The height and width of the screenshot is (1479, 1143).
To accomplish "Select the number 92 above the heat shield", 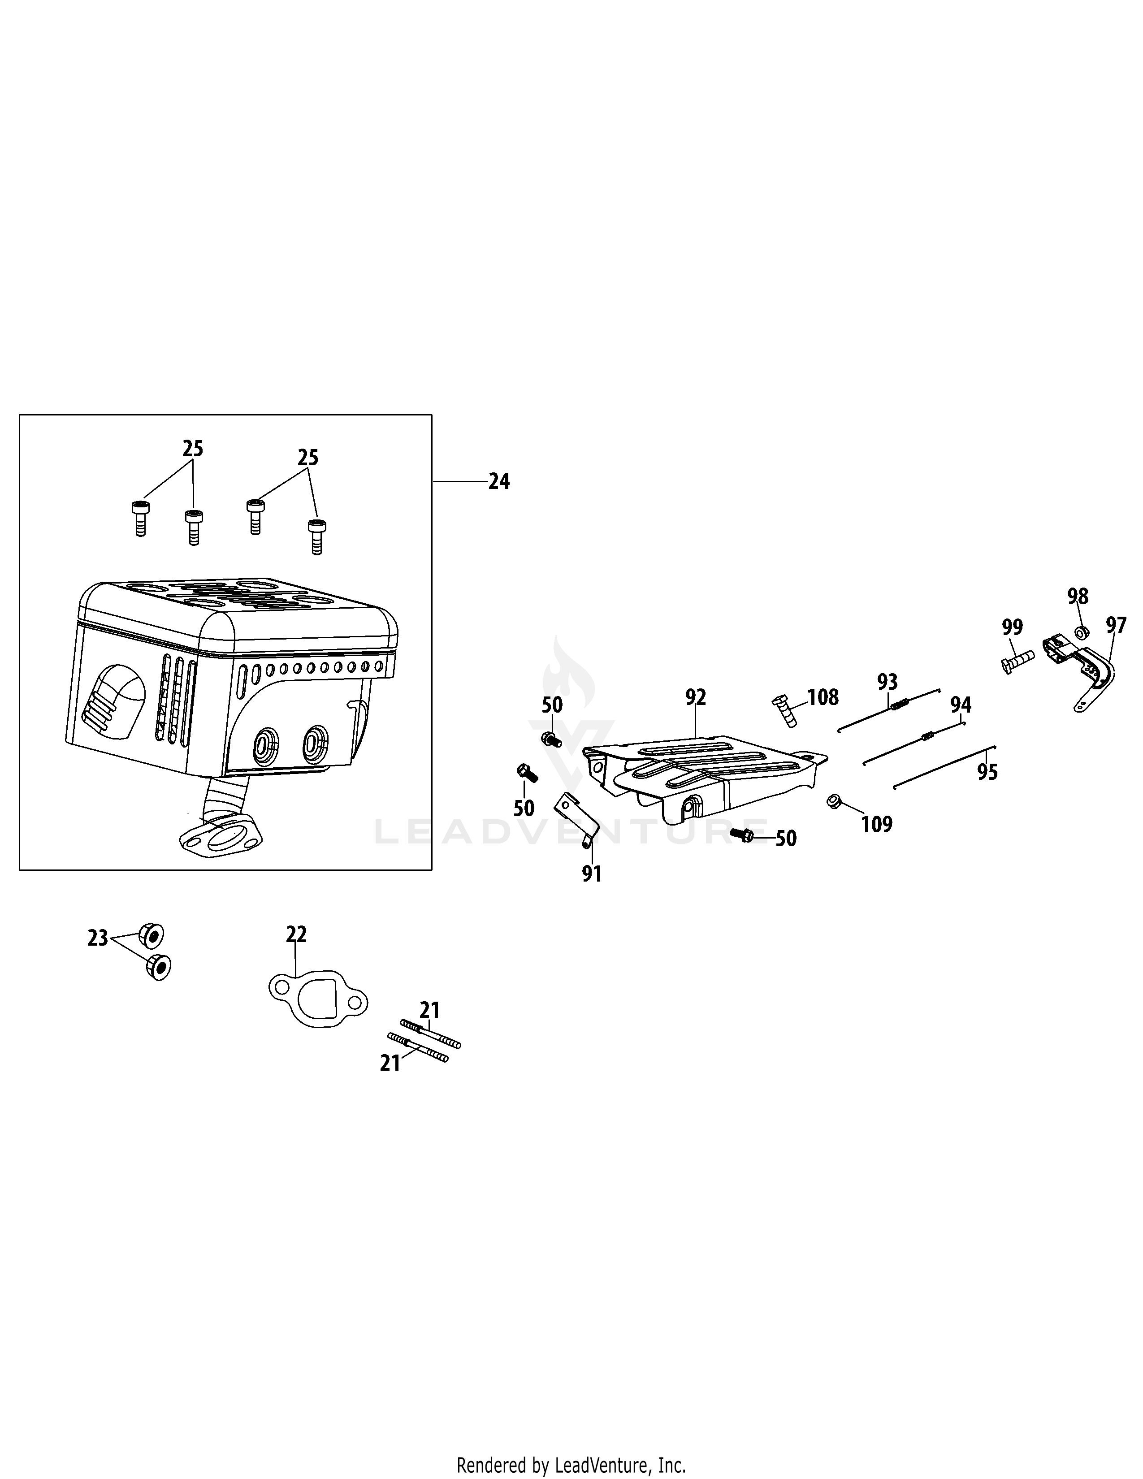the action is [x=695, y=697].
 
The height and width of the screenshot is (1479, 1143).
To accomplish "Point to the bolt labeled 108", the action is [x=785, y=711].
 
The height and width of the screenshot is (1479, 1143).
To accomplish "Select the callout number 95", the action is [x=987, y=772].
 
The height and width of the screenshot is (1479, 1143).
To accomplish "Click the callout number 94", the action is [x=960, y=705].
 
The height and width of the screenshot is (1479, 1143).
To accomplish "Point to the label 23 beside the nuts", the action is [x=98, y=938].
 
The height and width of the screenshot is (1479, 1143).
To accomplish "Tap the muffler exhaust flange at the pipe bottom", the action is [x=220, y=835].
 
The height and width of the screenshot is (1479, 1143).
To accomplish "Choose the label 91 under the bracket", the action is [x=592, y=874].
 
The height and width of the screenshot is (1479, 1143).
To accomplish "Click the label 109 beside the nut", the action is [x=877, y=824].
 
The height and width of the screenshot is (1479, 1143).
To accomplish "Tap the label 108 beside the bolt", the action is [x=823, y=697].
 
